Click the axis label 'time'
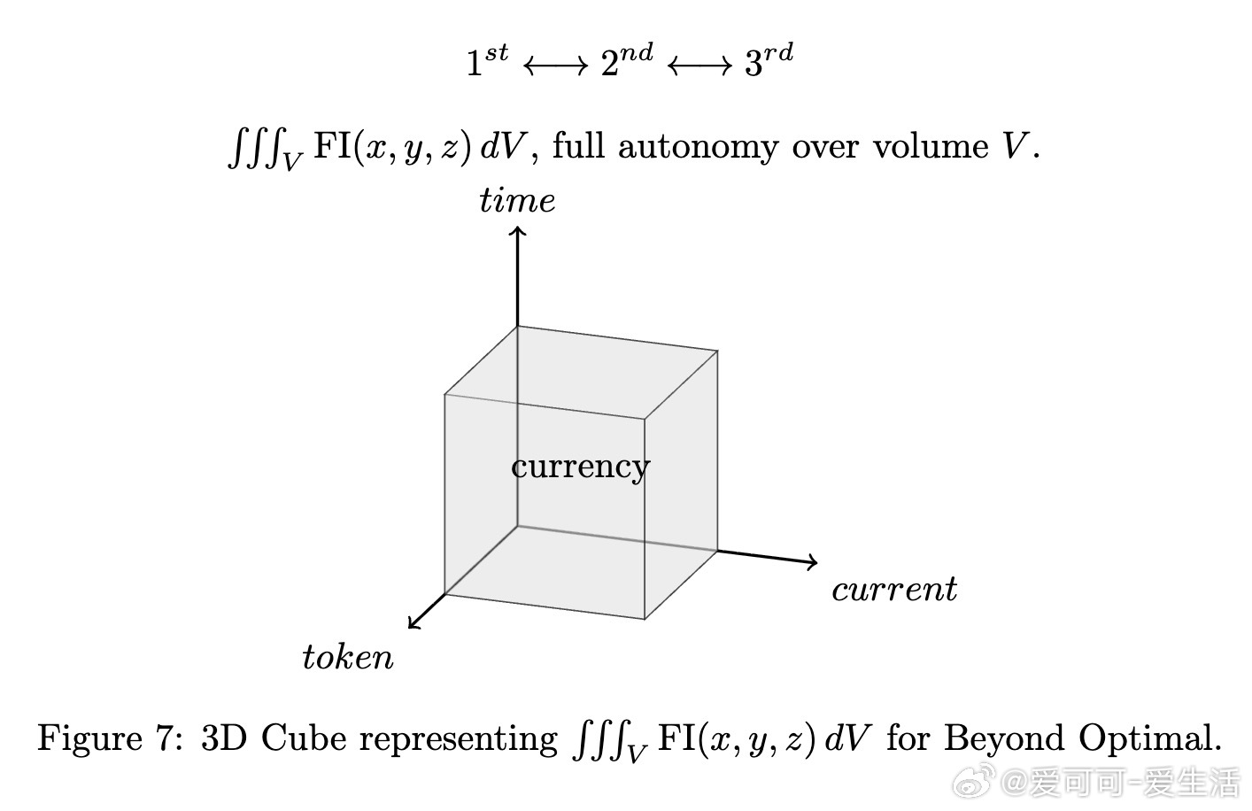coord(517,201)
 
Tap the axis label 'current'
coord(894,590)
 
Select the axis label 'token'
coord(348,658)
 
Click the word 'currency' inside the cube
coord(580,467)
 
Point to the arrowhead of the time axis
coord(518,231)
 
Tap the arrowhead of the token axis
coord(413,624)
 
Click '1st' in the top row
coord(487,61)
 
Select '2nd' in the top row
coord(627,61)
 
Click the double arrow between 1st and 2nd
coord(556,66)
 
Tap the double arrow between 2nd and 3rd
coord(699,66)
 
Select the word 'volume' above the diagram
coord(930,146)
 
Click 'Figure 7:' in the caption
coord(111,738)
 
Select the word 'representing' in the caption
coord(459,739)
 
